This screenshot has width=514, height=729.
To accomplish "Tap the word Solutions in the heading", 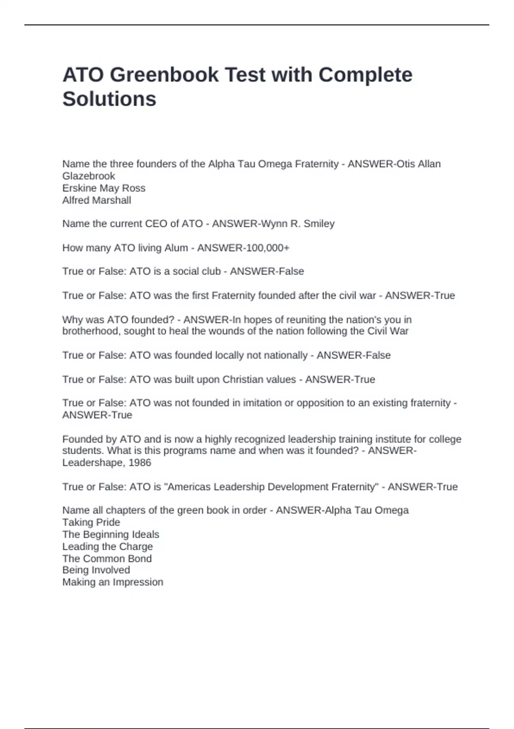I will click(x=109, y=99).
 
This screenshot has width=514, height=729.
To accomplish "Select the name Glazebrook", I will click(x=89, y=176).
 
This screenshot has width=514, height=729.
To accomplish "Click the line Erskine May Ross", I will click(x=104, y=188).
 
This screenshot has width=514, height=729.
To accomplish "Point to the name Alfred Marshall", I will click(x=97, y=200).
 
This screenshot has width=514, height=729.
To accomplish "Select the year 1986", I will click(x=140, y=462).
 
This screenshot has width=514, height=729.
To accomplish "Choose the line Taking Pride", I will click(x=91, y=522).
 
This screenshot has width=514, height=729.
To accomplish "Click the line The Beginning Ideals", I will click(x=111, y=534).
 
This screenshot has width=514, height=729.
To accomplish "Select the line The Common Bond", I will click(x=107, y=558).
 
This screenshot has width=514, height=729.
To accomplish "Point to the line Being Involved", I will click(x=96, y=570).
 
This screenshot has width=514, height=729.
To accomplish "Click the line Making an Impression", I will click(x=113, y=582).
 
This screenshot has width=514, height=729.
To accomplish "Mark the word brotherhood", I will click(x=91, y=331).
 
